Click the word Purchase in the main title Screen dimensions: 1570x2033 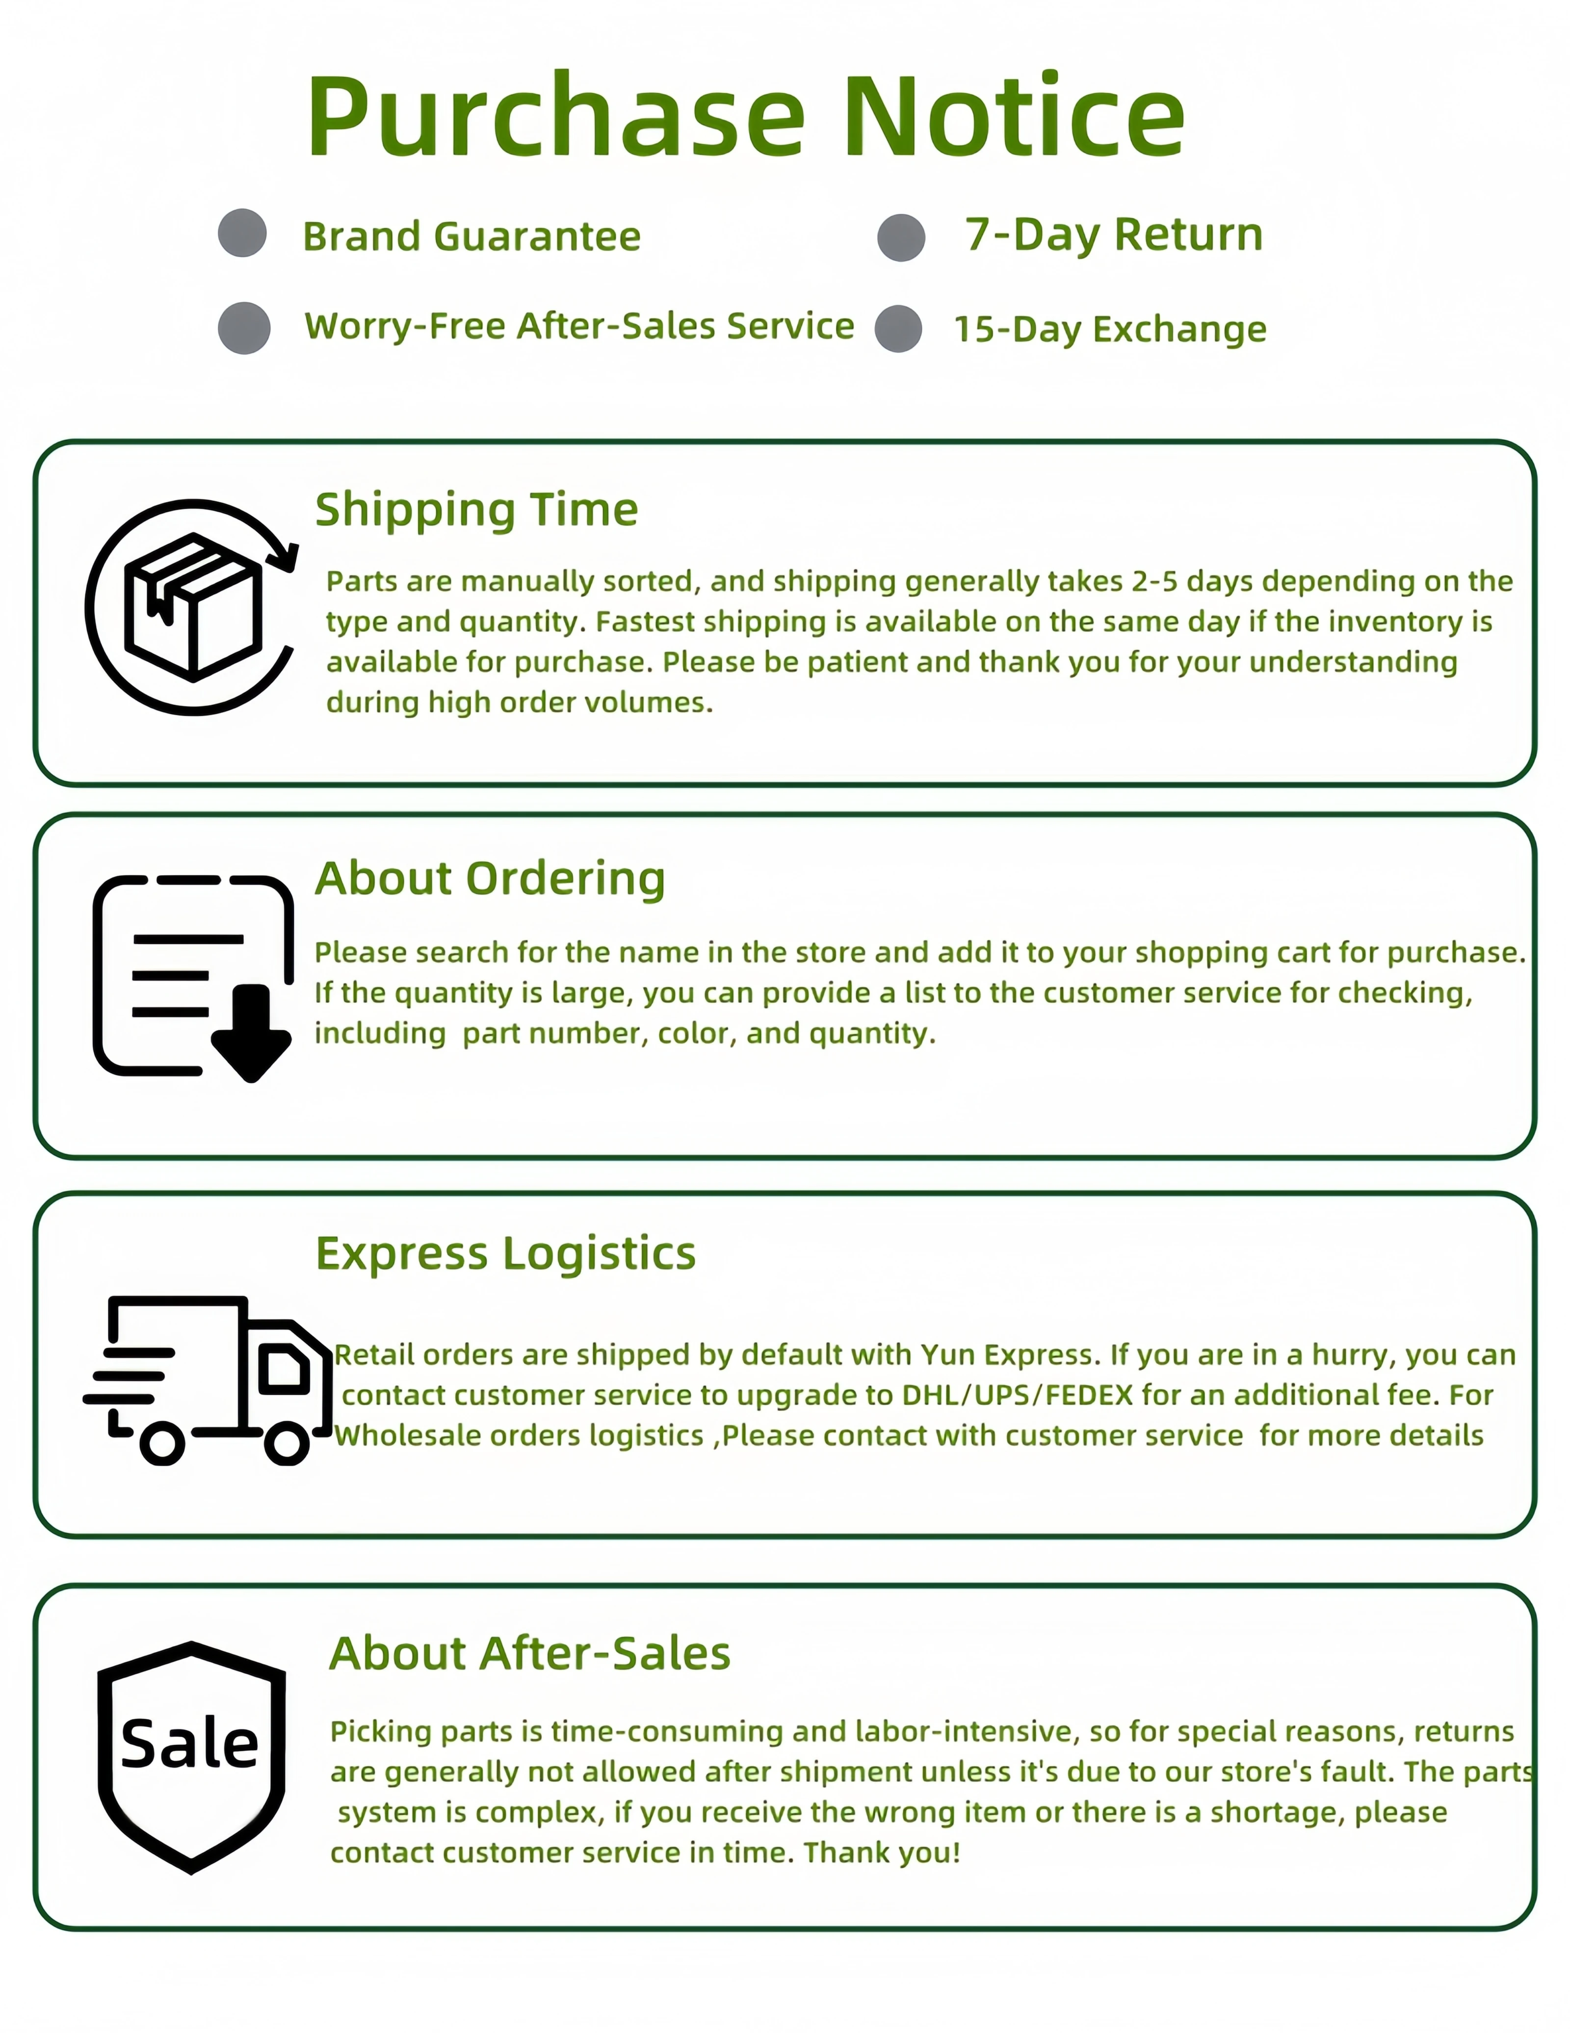point(556,118)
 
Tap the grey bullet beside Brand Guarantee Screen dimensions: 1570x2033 point(242,233)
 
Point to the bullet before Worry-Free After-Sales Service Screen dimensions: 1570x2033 point(244,328)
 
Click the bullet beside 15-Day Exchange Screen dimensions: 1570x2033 point(899,329)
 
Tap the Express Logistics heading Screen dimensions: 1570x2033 point(505,1253)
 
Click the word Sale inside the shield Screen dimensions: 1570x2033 point(190,1744)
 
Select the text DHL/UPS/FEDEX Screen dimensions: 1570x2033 point(1018,1394)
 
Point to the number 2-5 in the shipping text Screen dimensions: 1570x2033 point(1154,581)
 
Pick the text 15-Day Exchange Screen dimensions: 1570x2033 point(1109,329)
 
